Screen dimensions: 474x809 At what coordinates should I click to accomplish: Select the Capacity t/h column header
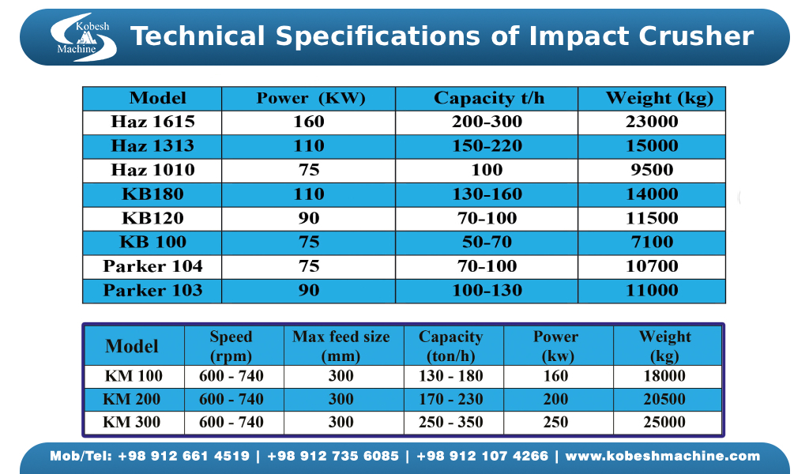click(488, 98)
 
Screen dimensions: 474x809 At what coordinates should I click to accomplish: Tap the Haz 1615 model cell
click(152, 122)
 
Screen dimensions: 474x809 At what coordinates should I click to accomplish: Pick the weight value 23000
click(652, 122)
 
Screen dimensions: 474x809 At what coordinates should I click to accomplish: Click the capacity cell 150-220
click(487, 146)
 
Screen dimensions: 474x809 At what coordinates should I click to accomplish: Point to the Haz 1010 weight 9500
click(652, 170)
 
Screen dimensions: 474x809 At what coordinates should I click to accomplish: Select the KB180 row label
click(152, 194)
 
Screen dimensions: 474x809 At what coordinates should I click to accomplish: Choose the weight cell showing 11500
click(652, 218)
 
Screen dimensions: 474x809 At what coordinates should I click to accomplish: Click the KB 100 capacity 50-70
click(487, 242)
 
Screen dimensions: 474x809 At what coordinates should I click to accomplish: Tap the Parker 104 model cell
click(152, 266)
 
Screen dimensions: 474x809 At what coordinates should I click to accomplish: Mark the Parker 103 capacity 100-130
click(487, 290)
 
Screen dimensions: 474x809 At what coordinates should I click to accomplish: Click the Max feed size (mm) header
click(341, 346)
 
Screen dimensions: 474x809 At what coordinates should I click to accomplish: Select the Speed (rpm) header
click(231, 346)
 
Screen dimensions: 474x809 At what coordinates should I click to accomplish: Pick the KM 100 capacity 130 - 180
click(451, 376)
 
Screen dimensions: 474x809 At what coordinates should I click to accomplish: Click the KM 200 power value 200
click(555, 399)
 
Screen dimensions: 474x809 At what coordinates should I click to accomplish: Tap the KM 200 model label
click(132, 399)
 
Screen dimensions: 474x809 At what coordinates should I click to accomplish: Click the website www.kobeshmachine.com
click(663, 456)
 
